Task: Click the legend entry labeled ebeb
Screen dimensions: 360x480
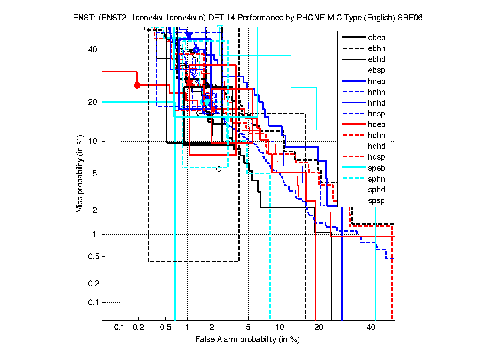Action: (x=377, y=38)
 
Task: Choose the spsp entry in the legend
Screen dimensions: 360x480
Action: (x=377, y=200)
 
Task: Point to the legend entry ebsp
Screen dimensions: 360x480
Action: (x=377, y=70)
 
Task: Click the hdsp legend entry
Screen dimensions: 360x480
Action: (x=377, y=157)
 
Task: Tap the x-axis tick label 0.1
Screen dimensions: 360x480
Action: (x=120, y=328)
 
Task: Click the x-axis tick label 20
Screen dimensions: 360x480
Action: (x=319, y=328)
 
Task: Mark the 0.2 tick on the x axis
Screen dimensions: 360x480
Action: (x=138, y=328)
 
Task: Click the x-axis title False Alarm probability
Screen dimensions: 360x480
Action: (x=247, y=340)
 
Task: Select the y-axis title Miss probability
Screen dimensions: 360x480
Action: (x=80, y=174)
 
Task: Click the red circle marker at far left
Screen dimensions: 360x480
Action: (x=137, y=85)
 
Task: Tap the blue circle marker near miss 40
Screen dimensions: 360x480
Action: (x=196, y=50)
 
